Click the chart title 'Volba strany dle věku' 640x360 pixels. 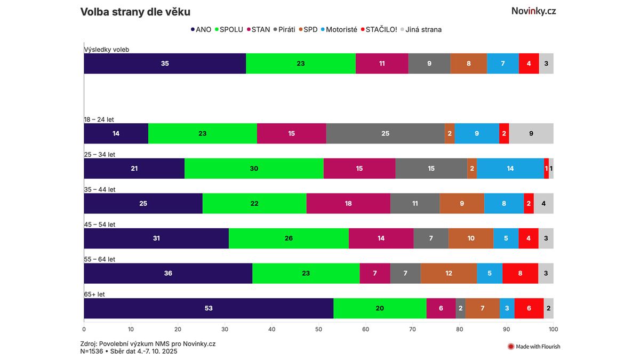tap(135, 12)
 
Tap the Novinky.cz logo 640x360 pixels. tap(533, 11)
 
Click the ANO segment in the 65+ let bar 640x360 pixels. tap(209, 308)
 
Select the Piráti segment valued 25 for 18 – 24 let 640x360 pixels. tap(385, 133)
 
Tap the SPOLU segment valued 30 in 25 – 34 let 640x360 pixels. tap(254, 169)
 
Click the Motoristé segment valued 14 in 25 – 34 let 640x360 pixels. tap(510, 169)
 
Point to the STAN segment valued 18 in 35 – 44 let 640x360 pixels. tap(348, 203)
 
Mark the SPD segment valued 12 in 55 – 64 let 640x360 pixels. tap(449, 273)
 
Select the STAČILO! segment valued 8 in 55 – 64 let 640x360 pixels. tap(520, 273)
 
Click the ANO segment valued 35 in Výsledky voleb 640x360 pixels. tap(165, 63)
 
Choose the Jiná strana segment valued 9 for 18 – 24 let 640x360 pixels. tap(531, 133)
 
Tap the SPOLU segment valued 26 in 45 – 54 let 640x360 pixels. tap(289, 238)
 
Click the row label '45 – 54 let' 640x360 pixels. tap(100, 225)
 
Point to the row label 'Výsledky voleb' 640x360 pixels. tap(107, 50)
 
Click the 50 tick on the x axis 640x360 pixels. tap(319, 329)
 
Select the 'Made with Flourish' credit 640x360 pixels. tap(534, 347)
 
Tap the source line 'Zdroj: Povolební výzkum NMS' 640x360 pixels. tap(148, 344)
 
